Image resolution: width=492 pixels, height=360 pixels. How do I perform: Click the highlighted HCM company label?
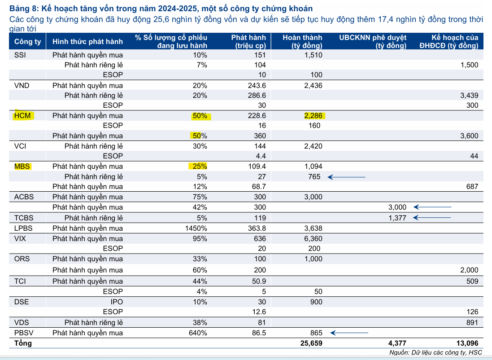tap(22, 116)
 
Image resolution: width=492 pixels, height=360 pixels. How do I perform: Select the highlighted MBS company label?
tap(22, 167)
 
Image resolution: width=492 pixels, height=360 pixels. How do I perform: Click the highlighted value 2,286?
tap(313, 116)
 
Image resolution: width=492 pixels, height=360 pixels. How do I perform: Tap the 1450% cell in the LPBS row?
tap(196, 228)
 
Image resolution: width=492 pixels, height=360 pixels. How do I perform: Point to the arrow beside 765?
tap(347, 177)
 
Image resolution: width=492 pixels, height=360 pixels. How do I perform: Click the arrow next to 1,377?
tap(432, 218)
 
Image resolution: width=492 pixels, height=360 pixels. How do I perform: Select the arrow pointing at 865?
tap(349, 333)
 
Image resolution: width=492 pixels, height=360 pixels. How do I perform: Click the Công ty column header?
tap(27, 42)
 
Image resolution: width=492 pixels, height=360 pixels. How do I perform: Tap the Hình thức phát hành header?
tap(87, 42)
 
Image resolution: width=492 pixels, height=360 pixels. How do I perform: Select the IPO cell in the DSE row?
tap(117, 302)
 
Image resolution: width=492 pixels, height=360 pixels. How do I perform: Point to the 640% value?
tap(198, 333)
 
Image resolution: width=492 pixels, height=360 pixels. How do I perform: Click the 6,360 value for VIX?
tap(312, 239)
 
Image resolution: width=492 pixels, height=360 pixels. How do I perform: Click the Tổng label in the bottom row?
tap(23, 343)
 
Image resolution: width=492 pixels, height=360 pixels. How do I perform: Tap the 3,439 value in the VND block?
tap(469, 95)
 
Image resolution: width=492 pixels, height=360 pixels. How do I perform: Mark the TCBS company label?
tap(24, 218)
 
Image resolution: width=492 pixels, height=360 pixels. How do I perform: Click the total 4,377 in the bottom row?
tap(397, 343)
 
